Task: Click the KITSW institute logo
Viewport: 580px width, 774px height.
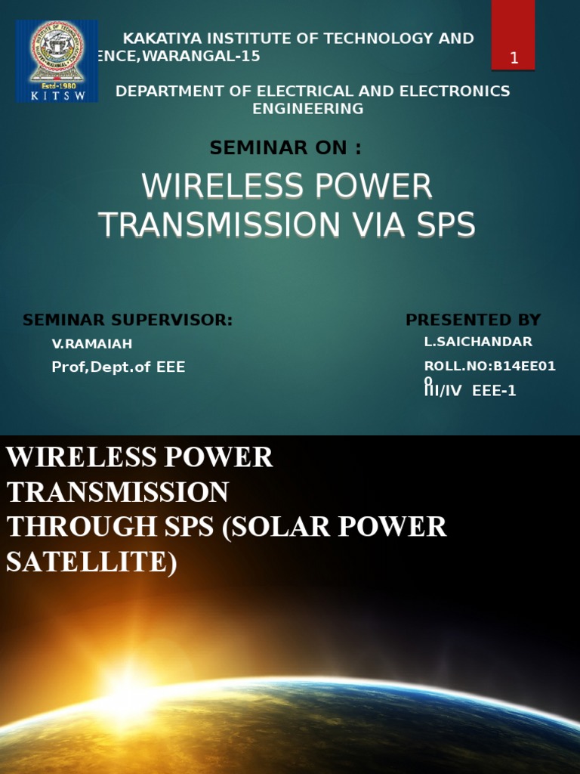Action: click(x=57, y=60)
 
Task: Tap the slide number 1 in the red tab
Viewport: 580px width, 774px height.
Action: click(x=514, y=58)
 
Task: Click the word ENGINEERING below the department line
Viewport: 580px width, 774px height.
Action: click(x=307, y=109)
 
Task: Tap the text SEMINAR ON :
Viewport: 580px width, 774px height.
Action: click(x=285, y=148)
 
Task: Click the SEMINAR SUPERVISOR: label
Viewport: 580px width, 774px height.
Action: click(x=128, y=320)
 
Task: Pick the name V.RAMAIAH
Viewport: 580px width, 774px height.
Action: click(x=92, y=344)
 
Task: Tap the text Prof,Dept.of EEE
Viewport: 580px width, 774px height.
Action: click(x=118, y=367)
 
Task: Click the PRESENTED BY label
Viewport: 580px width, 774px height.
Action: click(x=473, y=320)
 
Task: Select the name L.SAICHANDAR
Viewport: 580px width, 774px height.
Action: click(x=478, y=342)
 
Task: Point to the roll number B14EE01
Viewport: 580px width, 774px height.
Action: click(x=524, y=367)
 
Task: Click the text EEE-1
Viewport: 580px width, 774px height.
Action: click(x=494, y=391)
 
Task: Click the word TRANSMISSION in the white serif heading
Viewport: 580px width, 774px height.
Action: click(x=118, y=492)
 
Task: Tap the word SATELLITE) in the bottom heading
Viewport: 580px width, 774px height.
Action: click(x=91, y=562)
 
